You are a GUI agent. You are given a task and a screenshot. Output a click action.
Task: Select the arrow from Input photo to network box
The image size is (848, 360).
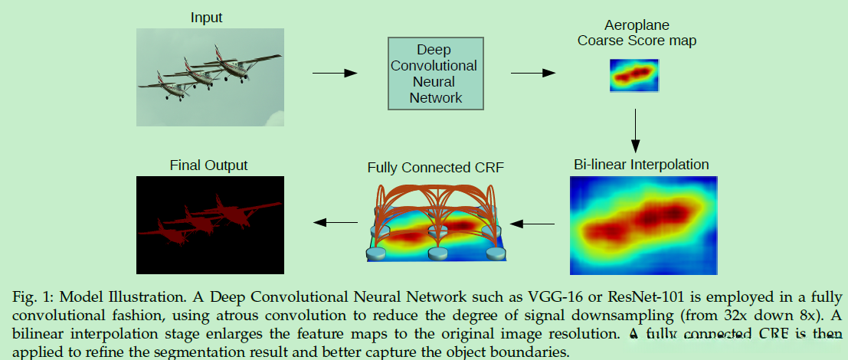[x=335, y=73]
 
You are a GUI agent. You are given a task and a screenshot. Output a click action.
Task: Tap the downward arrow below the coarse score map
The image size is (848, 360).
[x=635, y=129]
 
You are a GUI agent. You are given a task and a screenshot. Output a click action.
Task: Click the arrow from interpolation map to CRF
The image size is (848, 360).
[x=533, y=224]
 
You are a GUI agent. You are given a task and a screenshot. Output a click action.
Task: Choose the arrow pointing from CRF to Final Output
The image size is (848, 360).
[x=335, y=223]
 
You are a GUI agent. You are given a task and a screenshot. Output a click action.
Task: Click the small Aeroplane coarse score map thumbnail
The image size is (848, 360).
[x=634, y=74]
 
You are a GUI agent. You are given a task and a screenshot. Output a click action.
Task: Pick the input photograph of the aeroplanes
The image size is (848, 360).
[x=210, y=77]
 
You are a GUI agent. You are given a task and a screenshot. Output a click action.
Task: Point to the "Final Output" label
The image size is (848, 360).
[x=208, y=165]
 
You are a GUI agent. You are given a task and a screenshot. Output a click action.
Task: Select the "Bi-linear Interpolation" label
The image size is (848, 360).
[x=641, y=165]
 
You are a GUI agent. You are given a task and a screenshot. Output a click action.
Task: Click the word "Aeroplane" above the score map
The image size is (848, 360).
[x=637, y=25]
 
